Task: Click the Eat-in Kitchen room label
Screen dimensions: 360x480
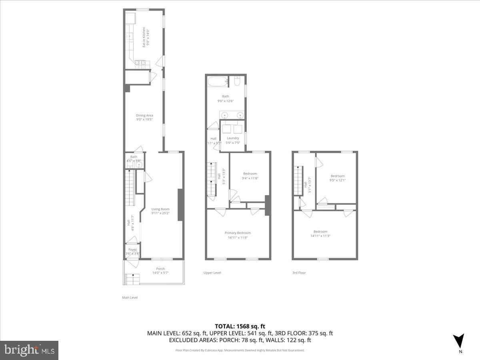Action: pos(145,38)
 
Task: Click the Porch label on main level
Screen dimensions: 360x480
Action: pos(160,268)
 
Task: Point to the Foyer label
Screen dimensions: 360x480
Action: pos(132,250)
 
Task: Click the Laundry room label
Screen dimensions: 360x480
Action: pos(233,138)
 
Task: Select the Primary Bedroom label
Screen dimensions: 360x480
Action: pos(238,233)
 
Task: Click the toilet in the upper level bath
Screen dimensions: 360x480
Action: pos(237,82)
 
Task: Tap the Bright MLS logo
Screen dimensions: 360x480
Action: pos(29,350)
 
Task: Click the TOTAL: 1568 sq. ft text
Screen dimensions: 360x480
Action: pos(240,326)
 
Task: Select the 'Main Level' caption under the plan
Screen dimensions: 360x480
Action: pos(130,298)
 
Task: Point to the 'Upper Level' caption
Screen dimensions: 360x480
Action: pos(212,273)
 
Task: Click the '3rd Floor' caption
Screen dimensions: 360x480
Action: pos(299,273)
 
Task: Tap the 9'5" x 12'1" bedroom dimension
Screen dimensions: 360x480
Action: pos(337,180)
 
